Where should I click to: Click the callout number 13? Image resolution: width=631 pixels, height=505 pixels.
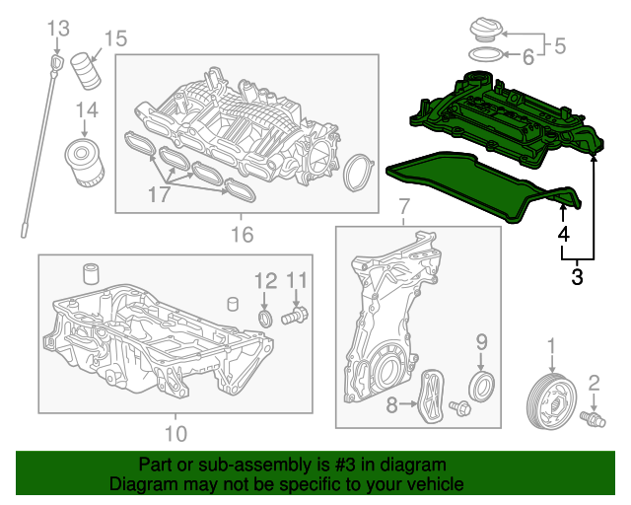point(58,29)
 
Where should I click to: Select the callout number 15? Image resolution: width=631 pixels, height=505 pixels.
point(115,38)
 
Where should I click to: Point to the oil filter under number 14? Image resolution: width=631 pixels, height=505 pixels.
point(85,163)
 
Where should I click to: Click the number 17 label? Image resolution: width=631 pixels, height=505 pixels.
point(160,194)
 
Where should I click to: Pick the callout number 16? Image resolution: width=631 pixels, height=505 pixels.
point(243,235)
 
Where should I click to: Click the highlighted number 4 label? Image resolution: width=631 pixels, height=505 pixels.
point(564,234)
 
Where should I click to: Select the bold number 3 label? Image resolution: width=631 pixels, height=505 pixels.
point(577,277)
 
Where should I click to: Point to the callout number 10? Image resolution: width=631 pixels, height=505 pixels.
point(175,434)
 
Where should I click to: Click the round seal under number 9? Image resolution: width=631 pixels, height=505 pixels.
point(482,387)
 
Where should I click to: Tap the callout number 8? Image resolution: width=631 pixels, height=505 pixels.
point(391,404)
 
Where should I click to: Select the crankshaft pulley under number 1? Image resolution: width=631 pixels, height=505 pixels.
point(552,402)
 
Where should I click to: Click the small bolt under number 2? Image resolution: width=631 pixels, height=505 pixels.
point(593,418)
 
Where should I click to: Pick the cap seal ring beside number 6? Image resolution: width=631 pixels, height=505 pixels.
point(486,55)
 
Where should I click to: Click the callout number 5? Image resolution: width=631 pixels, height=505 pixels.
point(560,45)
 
